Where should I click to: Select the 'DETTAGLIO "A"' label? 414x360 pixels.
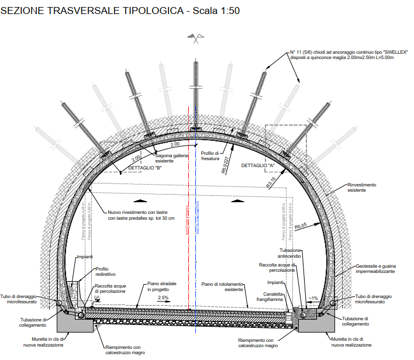pos(258,165)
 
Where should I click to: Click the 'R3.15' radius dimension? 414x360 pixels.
pos(274,183)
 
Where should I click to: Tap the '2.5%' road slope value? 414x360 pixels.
pos(164,297)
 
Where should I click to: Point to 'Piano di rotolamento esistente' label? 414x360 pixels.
pos(222,286)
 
